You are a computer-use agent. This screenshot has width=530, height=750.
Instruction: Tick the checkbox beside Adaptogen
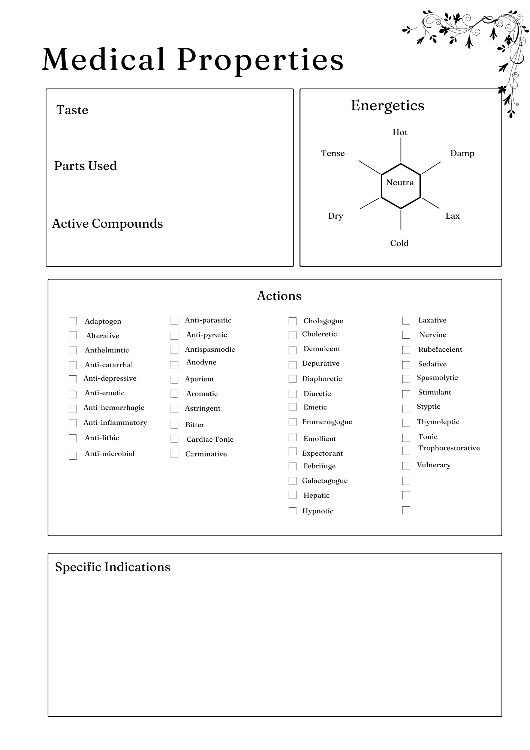pyautogui.click(x=73, y=321)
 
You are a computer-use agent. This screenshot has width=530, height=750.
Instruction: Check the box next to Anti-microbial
pyautogui.click(x=73, y=455)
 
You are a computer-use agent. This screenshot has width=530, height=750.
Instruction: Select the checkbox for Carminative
pyautogui.click(x=174, y=454)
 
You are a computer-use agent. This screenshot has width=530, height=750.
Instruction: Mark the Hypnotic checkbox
pyautogui.click(x=292, y=511)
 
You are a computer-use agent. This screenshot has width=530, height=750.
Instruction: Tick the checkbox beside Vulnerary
pyautogui.click(x=406, y=466)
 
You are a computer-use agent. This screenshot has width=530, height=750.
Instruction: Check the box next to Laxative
pyautogui.click(x=406, y=321)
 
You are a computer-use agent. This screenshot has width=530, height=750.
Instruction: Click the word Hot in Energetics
pyautogui.click(x=400, y=132)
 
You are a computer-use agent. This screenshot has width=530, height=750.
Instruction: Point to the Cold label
pyautogui.click(x=399, y=243)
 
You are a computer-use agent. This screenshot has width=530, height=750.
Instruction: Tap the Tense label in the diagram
pyautogui.click(x=333, y=153)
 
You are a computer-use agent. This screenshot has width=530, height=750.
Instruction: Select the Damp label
pyautogui.click(x=462, y=153)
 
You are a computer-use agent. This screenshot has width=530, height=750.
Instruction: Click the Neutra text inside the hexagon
pyautogui.click(x=400, y=183)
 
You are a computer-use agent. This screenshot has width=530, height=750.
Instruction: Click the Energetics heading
pyautogui.click(x=388, y=105)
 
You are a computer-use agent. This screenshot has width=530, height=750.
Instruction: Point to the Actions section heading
pyautogui.click(x=279, y=296)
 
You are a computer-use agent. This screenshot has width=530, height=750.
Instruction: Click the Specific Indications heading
pyautogui.click(x=112, y=567)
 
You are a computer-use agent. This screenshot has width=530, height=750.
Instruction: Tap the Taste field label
pyautogui.click(x=72, y=110)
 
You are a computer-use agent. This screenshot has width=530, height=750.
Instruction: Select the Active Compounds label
pyautogui.click(x=107, y=224)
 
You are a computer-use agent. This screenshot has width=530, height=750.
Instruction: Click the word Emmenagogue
pyautogui.click(x=327, y=422)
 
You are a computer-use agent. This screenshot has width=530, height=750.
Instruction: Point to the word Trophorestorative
pyautogui.click(x=449, y=448)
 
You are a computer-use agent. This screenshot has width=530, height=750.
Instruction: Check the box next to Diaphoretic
pyautogui.click(x=292, y=379)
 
